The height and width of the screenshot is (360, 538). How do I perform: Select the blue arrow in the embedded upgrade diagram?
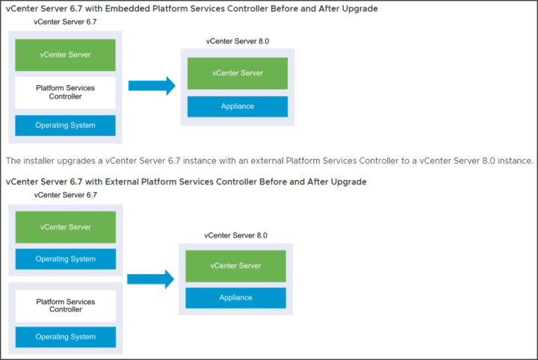152,86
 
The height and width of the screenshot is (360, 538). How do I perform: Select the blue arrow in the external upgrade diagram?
151,279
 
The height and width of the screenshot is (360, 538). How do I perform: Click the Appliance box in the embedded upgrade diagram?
238,107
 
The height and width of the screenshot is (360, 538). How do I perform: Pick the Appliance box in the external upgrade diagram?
235,298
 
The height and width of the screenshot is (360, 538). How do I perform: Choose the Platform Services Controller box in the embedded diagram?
65,93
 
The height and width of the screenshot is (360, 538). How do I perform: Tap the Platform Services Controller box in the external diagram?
66,305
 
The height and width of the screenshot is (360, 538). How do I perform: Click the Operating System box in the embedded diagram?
65,125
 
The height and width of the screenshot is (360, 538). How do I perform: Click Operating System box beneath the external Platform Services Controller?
66,337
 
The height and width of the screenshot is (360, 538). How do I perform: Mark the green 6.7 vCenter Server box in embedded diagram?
65,55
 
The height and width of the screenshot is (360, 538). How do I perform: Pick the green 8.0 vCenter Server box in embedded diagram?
238,73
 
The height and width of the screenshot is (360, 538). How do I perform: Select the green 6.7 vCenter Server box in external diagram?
66,227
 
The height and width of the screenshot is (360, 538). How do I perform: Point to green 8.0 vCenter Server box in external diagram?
235,266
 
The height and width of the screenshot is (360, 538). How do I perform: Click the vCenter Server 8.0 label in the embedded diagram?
238,41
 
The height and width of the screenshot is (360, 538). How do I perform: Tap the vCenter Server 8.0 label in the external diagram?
235,235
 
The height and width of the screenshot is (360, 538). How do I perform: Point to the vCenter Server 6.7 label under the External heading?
66,195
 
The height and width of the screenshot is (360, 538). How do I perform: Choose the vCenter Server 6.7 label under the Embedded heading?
65,22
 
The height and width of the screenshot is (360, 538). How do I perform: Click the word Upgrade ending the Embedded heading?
360,8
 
